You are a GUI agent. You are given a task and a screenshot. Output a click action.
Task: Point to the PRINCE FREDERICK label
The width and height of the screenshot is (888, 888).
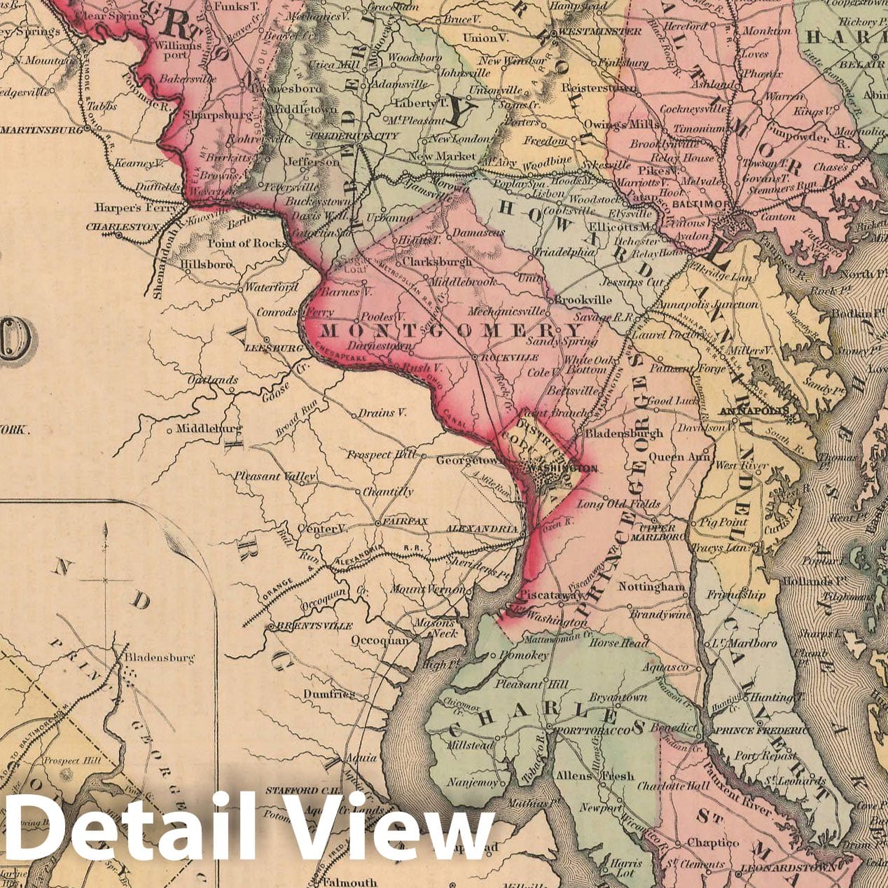(760, 731)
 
